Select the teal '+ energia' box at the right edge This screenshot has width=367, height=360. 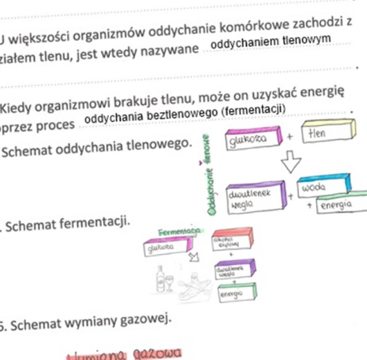tap(339, 206)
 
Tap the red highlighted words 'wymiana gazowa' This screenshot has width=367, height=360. tap(125, 354)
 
